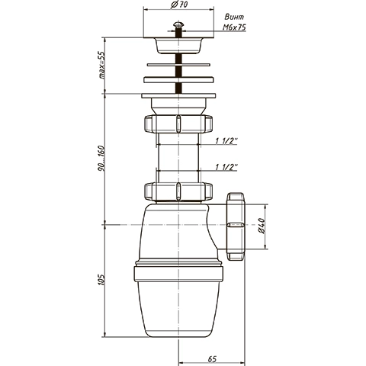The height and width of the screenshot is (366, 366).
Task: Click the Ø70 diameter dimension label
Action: coord(179,5)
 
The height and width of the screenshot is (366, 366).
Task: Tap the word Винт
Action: coord(234,17)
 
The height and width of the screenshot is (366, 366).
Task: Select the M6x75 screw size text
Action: coord(234,27)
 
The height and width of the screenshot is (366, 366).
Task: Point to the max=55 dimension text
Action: coord(101,65)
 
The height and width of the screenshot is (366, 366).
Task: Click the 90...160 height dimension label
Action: coord(101,158)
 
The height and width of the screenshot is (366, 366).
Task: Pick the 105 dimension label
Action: coord(101,280)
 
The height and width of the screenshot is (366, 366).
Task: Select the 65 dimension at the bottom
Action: coord(212,359)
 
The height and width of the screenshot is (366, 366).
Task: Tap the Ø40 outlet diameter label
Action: coord(262,226)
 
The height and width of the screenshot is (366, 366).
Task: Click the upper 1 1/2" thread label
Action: coord(226,141)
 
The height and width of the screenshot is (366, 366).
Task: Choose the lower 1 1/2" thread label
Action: coord(226,167)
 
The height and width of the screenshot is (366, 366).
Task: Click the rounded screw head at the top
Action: coord(178,24)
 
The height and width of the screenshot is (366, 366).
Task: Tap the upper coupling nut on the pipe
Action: coord(178,124)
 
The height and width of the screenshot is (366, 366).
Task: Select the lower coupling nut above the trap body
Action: coord(178,191)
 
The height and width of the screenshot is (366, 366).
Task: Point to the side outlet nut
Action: coord(236,226)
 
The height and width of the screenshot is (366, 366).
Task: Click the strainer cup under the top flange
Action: coord(178,46)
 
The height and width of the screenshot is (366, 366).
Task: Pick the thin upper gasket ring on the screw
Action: coord(178,65)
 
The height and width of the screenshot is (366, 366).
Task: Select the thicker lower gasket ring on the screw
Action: coord(178,79)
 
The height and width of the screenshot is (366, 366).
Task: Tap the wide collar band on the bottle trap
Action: coord(178,274)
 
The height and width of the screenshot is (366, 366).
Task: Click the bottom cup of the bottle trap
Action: coord(178,310)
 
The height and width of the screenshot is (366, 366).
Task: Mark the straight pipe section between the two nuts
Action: coord(178,158)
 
